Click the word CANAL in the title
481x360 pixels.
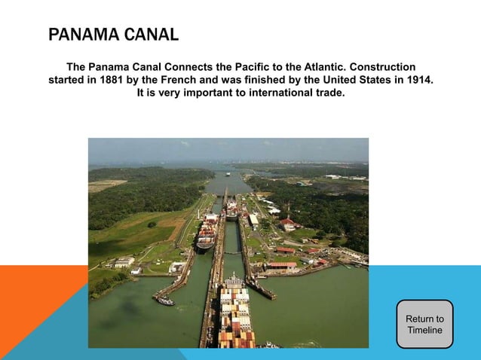[x=151, y=35]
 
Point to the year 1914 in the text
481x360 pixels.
[x=419, y=81]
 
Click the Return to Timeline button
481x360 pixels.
[x=424, y=325]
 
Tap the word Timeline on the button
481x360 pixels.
[x=424, y=331]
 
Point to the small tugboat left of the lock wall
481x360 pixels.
[x=165, y=301]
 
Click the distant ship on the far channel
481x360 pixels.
[x=228, y=175]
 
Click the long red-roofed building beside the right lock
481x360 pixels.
[x=282, y=264]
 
